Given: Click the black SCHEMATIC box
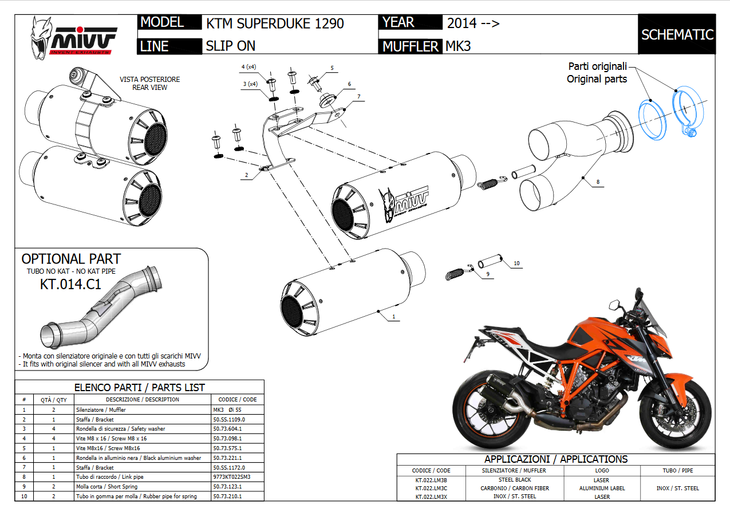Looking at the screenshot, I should pos(677,34).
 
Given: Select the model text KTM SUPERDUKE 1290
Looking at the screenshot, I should pos(275,23).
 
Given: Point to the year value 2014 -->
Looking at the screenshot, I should pos(473,23).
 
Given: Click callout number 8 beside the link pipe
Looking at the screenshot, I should pos(598,182).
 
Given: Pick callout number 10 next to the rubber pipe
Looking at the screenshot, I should pos(516,263).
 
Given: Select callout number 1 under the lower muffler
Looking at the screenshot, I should pos(393,316).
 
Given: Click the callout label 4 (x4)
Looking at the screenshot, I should pos(250,67).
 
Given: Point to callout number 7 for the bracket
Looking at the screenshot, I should pos(359,97).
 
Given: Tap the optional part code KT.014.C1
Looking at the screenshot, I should pos(70,283).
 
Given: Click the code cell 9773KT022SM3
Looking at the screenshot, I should pos(231,476).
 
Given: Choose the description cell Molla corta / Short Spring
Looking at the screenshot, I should pos(109,486).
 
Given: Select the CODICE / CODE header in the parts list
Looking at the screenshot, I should pos(238,399).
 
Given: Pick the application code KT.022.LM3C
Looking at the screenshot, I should pos(431,489).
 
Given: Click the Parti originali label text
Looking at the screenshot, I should pos(598,66).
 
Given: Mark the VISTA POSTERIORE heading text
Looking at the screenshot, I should pos(149,80).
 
